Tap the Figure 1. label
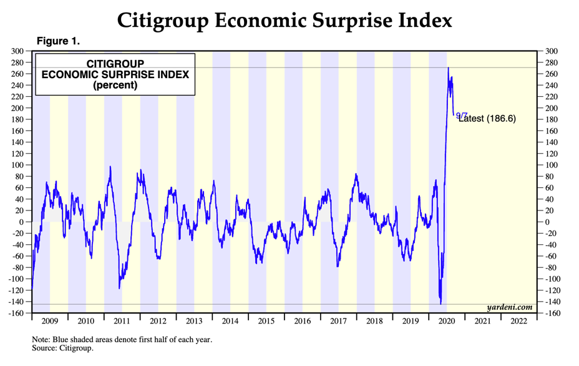coord(58,41)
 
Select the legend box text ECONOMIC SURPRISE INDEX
coord(115,74)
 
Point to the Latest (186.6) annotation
coord(487,119)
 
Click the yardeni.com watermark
coord(510,307)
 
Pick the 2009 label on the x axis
coord(50,321)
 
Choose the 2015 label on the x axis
coord(266,321)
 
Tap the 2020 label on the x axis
coord(447,321)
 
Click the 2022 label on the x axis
coord(518,321)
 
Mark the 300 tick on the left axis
coord(18,51)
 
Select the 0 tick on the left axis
coord(22,222)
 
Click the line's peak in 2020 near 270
coord(448,67)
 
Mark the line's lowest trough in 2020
coord(441,304)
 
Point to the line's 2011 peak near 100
coord(110,167)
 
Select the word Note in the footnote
coord(42,340)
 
